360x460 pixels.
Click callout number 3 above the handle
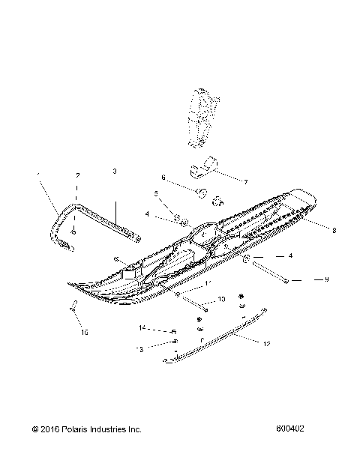[115, 172]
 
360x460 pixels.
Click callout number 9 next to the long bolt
[306, 279]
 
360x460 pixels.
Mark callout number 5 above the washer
[157, 193]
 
